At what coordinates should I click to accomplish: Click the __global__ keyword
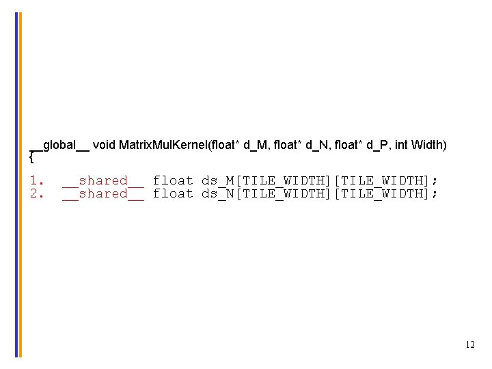pyautogui.click(x=59, y=145)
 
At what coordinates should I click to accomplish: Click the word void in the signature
pyautogui.click(x=104, y=145)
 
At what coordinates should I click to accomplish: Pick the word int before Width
pyautogui.click(x=402, y=145)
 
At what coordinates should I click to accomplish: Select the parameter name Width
pyautogui.click(x=428, y=145)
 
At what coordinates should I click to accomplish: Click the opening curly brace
pyautogui.click(x=31, y=158)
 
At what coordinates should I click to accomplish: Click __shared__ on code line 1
pyautogui.click(x=103, y=180)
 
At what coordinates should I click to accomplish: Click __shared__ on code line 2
pyautogui.click(x=103, y=193)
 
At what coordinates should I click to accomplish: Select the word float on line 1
pyautogui.click(x=173, y=180)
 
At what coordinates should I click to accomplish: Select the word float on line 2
pyautogui.click(x=173, y=193)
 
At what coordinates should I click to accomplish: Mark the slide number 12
pyautogui.click(x=469, y=345)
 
